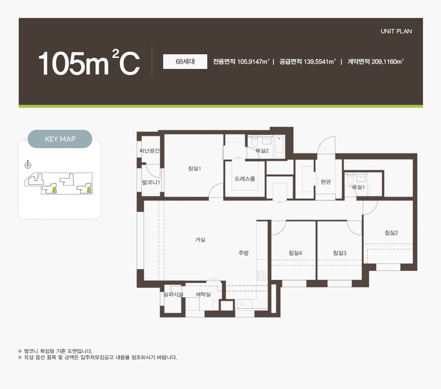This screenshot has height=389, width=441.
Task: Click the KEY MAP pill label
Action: tap(60, 139)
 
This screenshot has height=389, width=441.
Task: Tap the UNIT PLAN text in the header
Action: tap(396, 31)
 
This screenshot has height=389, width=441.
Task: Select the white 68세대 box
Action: tap(185, 62)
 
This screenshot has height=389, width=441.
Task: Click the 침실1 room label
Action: tap(195, 168)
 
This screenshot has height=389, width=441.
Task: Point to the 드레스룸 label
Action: tap(245, 179)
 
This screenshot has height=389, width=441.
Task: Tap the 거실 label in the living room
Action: tap(200, 239)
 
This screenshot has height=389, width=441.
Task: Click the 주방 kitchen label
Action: tap(243, 253)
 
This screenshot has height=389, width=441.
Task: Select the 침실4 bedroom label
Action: tap(295, 253)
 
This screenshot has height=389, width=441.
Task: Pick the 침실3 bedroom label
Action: tap(340, 253)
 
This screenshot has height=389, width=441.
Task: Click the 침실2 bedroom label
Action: tap(391, 232)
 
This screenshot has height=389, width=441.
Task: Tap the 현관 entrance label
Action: tap(326, 181)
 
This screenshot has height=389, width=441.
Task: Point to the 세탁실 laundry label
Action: tap(203, 294)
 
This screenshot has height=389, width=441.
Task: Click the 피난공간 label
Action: tap(150, 151)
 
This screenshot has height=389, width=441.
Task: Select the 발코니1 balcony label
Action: tap(151, 182)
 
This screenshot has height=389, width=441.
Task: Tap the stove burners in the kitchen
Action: tap(261, 276)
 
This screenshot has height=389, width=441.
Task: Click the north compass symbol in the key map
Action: tap(28, 165)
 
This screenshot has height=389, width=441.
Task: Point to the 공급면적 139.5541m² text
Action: tap(307, 62)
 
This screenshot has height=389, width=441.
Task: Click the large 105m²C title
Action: tap(89, 63)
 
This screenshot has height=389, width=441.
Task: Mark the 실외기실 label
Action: tap(173, 294)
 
